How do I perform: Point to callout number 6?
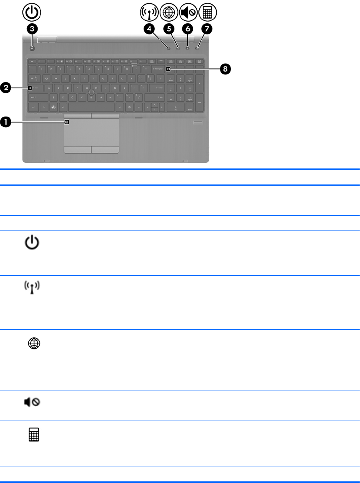[187, 30]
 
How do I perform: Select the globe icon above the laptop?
[168, 12]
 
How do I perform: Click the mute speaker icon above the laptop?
[188, 12]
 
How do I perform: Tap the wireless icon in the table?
[33, 288]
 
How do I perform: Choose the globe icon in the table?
[33, 344]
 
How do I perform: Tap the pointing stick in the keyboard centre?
[92, 92]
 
